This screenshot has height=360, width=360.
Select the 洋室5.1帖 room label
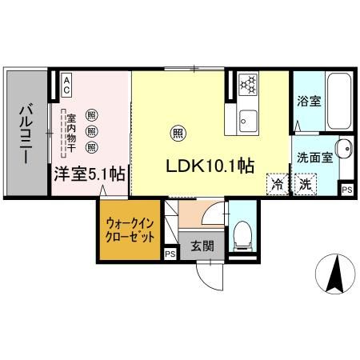point(90,174)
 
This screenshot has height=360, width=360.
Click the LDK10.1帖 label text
point(210,166)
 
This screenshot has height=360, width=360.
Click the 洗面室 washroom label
point(311,158)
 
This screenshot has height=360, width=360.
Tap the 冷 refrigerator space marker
point(277,184)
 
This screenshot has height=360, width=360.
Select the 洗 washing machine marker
point(306,184)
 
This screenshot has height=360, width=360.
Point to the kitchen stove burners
point(246,83)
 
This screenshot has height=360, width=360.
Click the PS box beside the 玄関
point(170,254)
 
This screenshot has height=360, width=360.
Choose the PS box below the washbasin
point(346,190)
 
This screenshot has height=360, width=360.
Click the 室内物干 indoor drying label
point(71,130)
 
